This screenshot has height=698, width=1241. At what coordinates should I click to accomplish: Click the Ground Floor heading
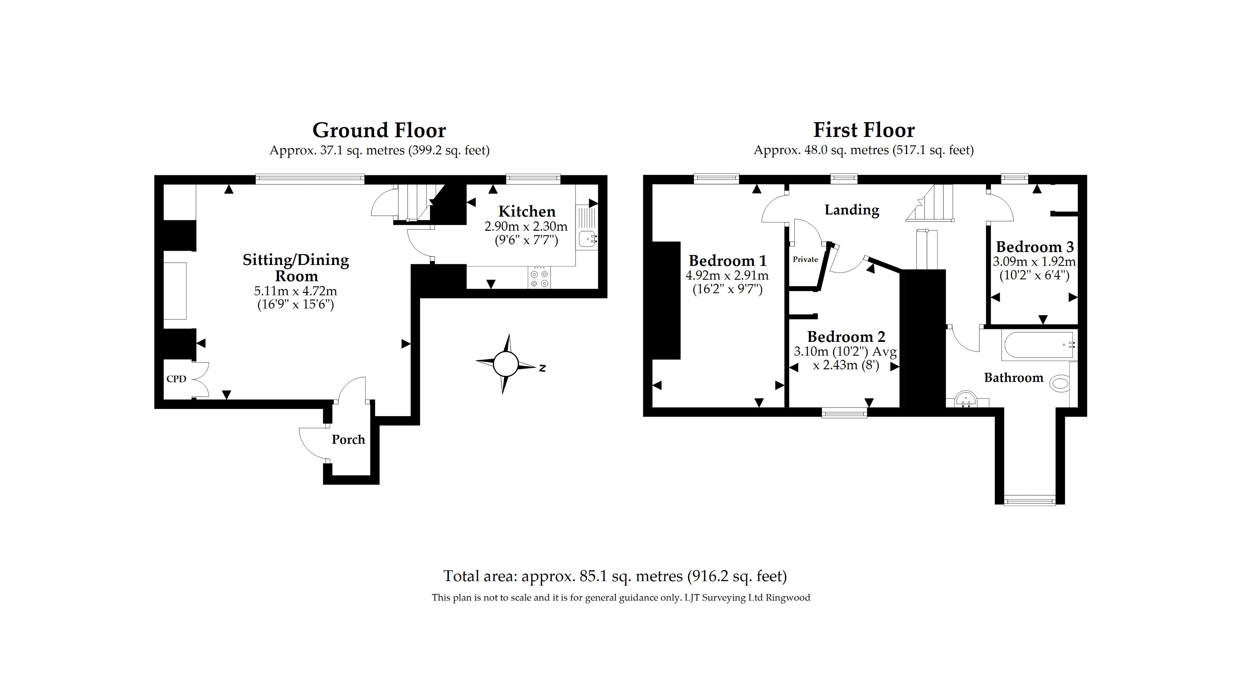pos(379,130)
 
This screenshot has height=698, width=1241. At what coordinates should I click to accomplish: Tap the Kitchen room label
pos(527,212)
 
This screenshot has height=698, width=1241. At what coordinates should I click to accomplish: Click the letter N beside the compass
pos(542,368)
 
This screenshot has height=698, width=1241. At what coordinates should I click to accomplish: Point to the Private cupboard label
pos(805,259)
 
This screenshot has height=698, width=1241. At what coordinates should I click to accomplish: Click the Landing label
pos(851,210)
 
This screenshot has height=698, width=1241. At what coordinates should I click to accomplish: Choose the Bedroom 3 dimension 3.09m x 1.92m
pos(1034,262)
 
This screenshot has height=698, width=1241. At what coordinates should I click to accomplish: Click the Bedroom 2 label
pos(846,336)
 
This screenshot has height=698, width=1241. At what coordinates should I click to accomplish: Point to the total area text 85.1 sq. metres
pos(615,576)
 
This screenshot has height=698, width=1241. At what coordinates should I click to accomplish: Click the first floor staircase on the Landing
pos(932,204)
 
